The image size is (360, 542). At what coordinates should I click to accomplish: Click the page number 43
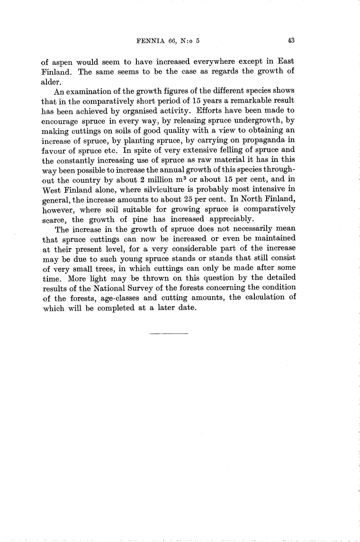tap(291, 41)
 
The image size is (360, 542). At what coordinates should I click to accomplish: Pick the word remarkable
tap(246, 100)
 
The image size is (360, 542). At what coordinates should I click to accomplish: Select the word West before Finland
tap(52, 189)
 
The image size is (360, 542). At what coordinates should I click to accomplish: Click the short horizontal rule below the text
tap(169, 334)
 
